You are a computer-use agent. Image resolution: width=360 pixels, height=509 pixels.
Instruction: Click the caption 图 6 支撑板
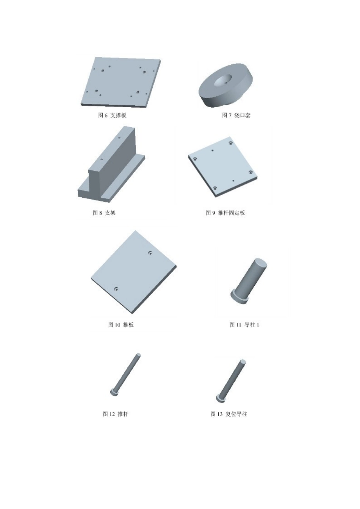pyautogui.click(x=112, y=115)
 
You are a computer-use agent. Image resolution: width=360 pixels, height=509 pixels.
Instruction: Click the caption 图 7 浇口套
pyautogui.click(x=236, y=115)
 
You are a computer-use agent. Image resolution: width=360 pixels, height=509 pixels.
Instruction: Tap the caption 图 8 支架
pyautogui.click(x=104, y=213)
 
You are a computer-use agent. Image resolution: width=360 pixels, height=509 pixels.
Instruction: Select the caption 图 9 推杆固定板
pyautogui.click(x=225, y=213)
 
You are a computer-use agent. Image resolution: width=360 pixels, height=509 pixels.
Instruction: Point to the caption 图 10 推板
pyautogui.click(x=121, y=325)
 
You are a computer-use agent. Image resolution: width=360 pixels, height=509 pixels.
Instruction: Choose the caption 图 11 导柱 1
pyautogui.click(x=244, y=325)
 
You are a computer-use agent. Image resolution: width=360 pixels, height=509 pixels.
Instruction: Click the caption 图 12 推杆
pyautogui.click(x=116, y=414)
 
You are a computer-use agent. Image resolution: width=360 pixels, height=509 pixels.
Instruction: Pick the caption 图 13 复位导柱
pyautogui.click(x=229, y=414)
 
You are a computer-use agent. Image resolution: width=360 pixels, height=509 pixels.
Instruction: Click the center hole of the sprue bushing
pyautogui.click(x=223, y=81)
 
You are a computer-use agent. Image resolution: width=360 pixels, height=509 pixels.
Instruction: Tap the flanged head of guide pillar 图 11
pyautogui.click(x=239, y=296)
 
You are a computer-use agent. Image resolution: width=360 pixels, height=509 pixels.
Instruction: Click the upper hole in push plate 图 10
pyautogui.click(x=150, y=253)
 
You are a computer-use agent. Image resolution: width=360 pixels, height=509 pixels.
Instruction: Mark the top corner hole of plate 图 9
pyautogui.click(x=231, y=143)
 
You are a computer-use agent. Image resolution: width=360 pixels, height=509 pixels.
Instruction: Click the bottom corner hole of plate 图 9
pyautogui.click(x=215, y=188)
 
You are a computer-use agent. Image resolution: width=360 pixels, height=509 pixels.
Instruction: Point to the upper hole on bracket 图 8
pyautogui.click(x=119, y=138)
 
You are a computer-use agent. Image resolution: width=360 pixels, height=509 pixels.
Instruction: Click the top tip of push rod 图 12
pyautogui.click(x=138, y=355)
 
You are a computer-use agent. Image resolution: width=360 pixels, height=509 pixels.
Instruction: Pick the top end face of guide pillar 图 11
pyautogui.click(x=261, y=262)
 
